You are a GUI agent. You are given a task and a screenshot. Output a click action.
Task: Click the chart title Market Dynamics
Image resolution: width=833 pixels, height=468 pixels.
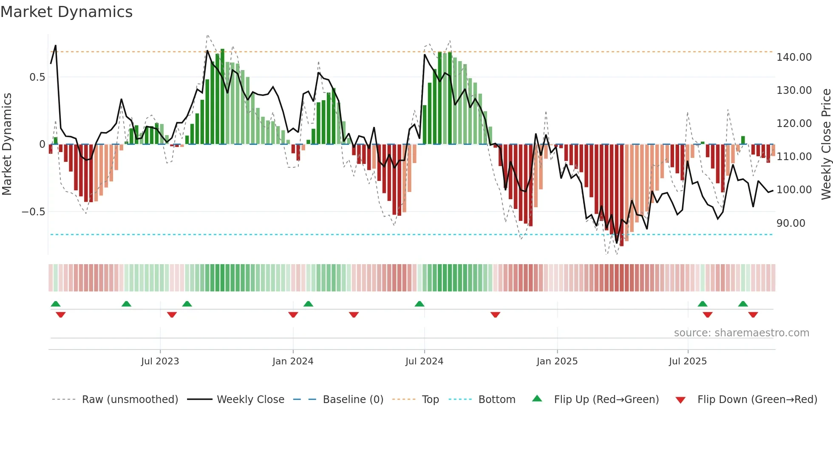click(66, 12)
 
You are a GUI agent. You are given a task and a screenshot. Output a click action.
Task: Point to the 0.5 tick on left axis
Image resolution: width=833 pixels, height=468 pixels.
click(37, 77)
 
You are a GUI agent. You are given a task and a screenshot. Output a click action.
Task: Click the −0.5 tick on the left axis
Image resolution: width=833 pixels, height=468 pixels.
click(33, 212)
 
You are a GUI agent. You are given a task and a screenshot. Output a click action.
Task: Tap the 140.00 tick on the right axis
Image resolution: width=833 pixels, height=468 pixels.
click(794, 57)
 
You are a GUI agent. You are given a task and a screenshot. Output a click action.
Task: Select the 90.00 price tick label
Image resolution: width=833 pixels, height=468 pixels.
click(790, 223)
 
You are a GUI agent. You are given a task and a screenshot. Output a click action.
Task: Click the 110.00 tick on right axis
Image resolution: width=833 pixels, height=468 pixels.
click(794, 157)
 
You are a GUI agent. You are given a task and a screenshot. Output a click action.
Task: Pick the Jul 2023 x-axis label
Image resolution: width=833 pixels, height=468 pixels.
click(160, 361)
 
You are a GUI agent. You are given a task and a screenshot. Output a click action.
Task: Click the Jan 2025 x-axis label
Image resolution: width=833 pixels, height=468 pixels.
click(557, 361)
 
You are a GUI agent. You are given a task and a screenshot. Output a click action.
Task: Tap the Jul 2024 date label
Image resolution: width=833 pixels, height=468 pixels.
click(424, 361)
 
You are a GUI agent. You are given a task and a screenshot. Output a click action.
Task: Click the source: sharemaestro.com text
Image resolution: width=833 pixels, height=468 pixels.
click(741, 333)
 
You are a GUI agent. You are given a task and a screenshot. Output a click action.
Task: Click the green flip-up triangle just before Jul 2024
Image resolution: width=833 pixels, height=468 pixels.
click(419, 304)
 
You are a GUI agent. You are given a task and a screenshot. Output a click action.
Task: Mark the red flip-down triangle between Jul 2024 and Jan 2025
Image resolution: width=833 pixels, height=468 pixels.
click(495, 315)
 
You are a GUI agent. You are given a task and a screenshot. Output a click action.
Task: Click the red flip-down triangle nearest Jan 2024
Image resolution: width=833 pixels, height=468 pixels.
click(293, 315)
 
